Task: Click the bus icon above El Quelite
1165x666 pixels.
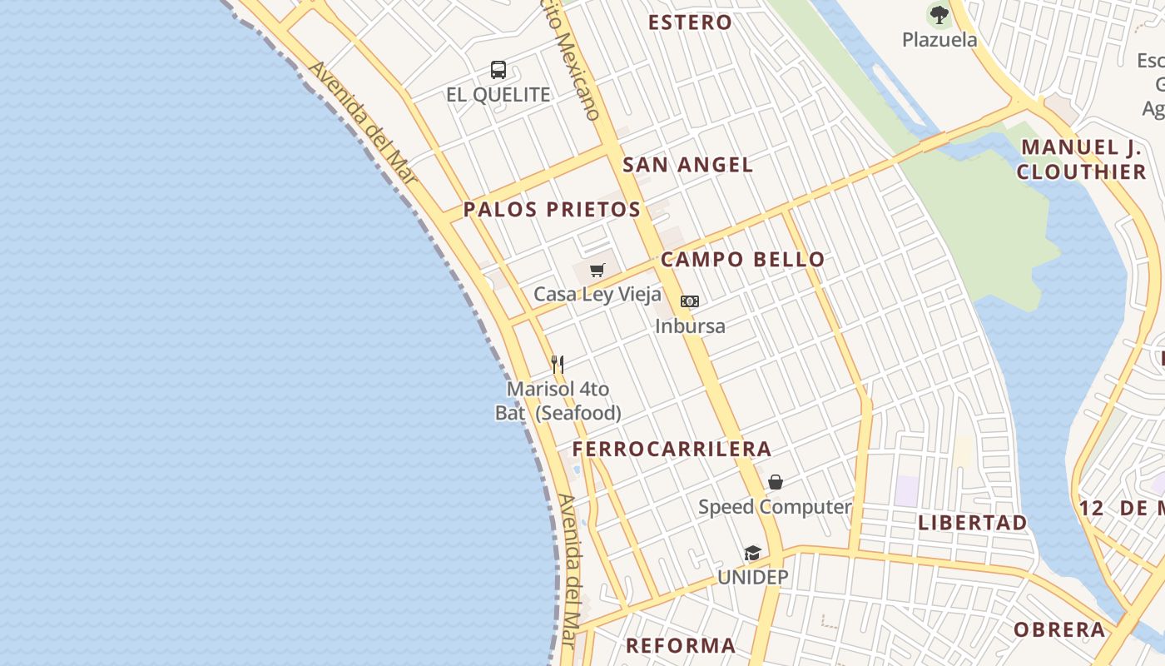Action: (x=498, y=70)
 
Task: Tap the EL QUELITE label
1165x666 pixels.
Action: (x=498, y=95)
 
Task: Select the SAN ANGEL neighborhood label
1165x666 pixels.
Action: (x=688, y=165)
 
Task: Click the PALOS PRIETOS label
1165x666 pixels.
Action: (x=552, y=210)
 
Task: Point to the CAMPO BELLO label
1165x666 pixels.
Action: (x=742, y=260)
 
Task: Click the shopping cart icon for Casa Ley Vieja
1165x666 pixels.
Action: (x=597, y=270)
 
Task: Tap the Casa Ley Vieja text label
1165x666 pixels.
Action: (x=597, y=294)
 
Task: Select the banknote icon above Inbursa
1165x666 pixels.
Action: (x=690, y=301)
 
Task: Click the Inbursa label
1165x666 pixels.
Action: (x=690, y=326)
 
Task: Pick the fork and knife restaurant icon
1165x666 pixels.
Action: (x=558, y=365)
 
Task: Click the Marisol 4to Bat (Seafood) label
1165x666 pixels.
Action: (x=558, y=401)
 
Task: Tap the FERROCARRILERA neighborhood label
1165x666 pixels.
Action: (x=672, y=450)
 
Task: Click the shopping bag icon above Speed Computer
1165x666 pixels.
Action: (x=776, y=482)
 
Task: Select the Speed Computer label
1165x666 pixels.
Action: (x=775, y=507)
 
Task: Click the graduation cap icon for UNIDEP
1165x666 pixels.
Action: (x=753, y=554)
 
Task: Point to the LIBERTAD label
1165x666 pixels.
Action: (x=973, y=523)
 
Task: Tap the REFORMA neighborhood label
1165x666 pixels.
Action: (x=681, y=645)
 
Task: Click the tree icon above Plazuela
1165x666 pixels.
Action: (x=939, y=14)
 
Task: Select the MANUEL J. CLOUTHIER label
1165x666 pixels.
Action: (x=1082, y=160)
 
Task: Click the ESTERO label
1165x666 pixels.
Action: (x=690, y=22)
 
